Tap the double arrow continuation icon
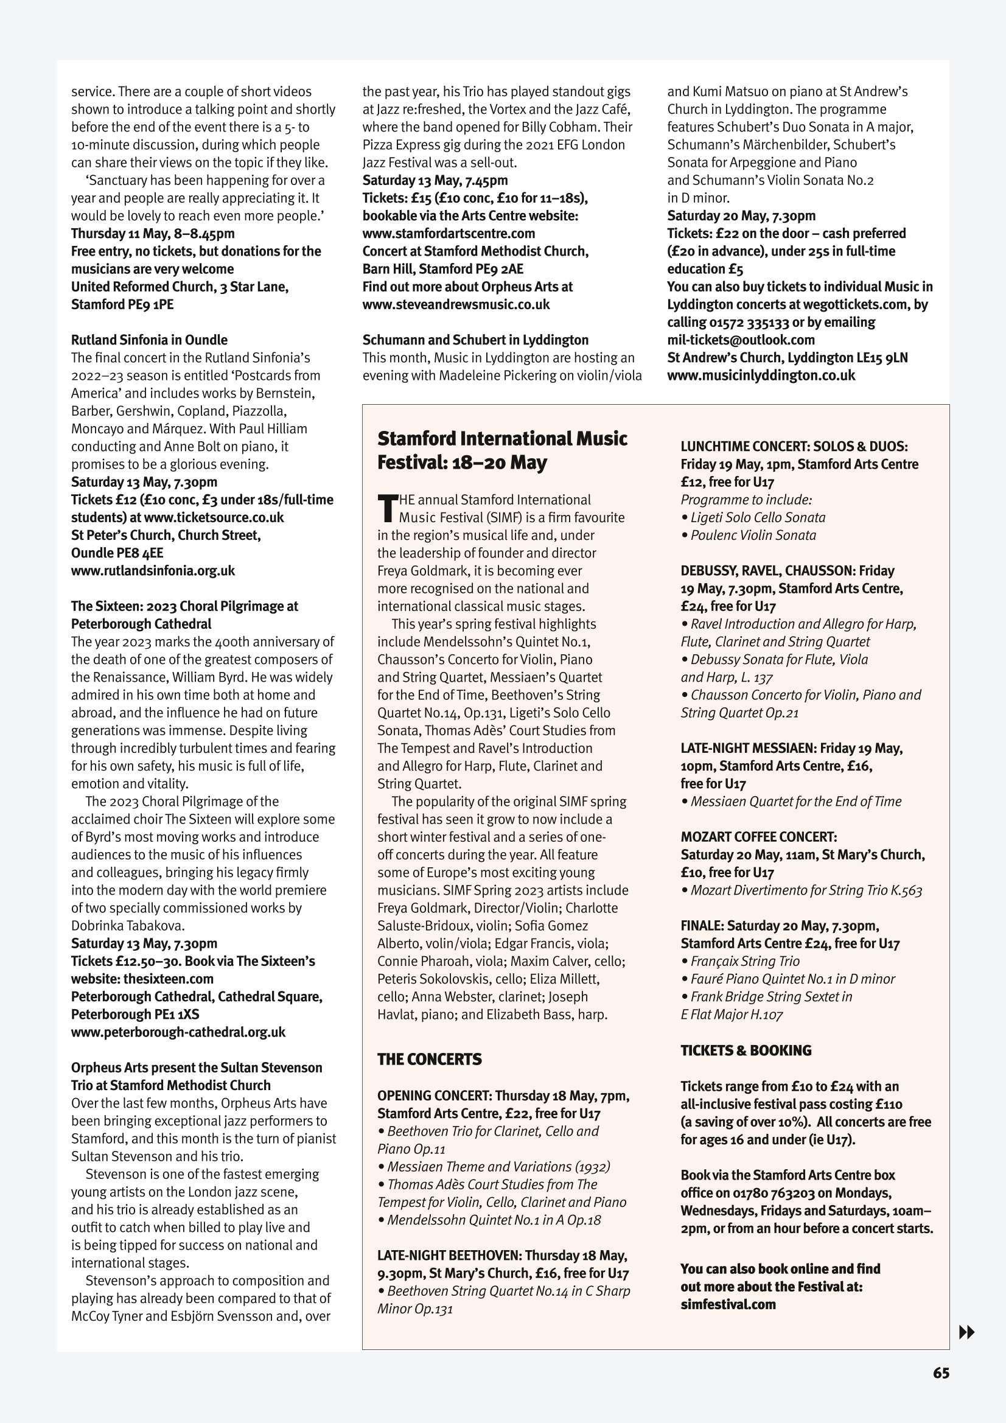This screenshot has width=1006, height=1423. (x=966, y=1331)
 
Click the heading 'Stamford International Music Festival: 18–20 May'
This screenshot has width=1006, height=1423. (x=502, y=450)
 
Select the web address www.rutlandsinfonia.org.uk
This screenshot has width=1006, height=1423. (x=153, y=571)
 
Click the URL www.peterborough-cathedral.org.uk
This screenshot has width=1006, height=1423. (x=178, y=1032)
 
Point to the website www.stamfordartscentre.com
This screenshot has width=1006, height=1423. (x=449, y=234)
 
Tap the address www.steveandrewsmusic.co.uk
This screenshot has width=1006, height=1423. (x=456, y=304)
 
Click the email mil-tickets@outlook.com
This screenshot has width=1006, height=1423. (x=741, y=340)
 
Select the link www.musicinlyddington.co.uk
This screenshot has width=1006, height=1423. (x=761, y=375)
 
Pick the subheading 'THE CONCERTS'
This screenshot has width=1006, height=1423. (x=430, y=1059)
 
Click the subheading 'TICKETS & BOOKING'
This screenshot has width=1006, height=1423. (x=746, y=1051)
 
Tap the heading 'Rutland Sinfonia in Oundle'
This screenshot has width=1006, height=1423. (x=149, y=340)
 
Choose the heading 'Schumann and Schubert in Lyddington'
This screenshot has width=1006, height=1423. (x=475, y=340)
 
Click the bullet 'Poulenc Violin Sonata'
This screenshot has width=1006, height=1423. (x=753, y=535)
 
